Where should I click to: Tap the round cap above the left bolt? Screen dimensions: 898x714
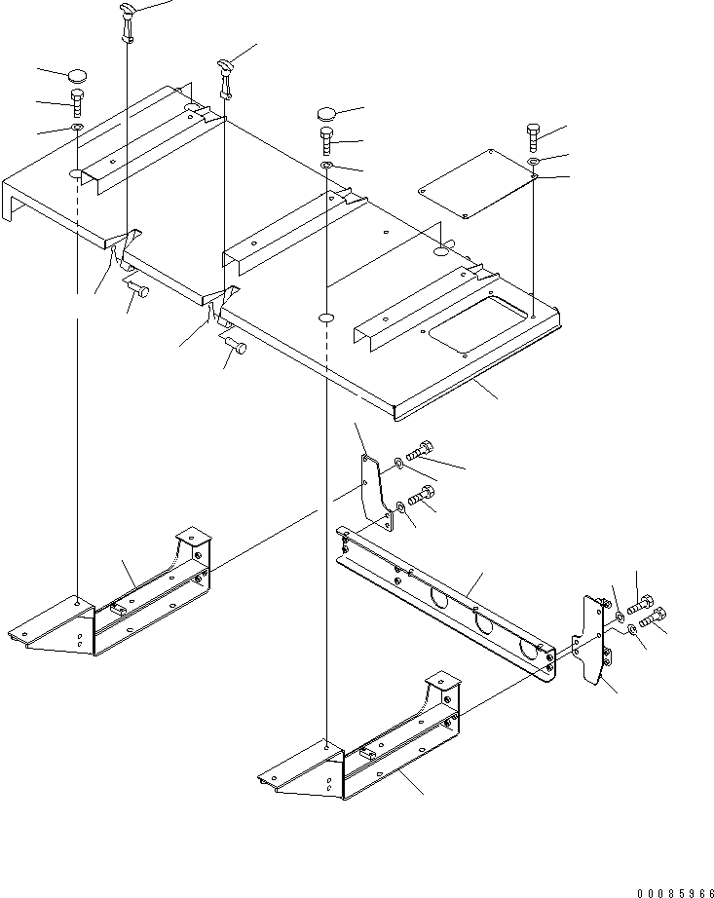pyautogui.click(x=78, y=75)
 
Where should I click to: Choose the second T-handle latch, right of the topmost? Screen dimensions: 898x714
pyautogui.click(x=226, y=76)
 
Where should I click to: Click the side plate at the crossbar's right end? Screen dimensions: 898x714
pyautogui.click(x=593, y=644)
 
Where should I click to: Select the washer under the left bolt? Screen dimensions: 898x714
pyautogui.click(x=76, y=127)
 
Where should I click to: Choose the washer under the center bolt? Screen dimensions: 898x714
pyautogui.click(x=326, y=167)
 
